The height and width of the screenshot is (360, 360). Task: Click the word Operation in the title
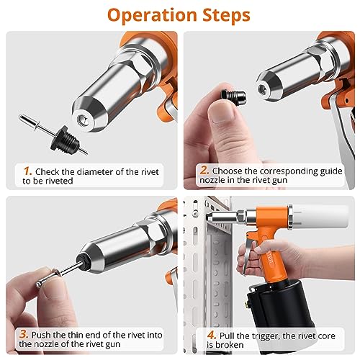pos(152,15)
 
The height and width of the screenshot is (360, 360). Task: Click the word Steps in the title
pos(226,15)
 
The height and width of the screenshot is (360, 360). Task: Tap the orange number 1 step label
pos(27,171)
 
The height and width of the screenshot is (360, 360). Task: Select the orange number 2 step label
pos(204,171)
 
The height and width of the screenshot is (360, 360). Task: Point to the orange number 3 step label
pos(24,334)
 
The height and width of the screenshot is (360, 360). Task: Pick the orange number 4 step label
pos(212,335)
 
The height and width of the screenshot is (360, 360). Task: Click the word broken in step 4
pos(229,345)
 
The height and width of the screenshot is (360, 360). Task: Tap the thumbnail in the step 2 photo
pos(221,112)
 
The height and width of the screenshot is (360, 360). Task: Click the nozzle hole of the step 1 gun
pos(81,120)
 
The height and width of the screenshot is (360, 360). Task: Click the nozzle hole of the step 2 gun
pos(261,89)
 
